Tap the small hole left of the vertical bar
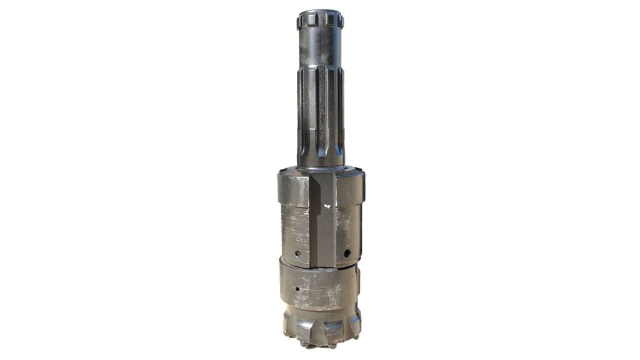pos(297,253)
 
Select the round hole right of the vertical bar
pos(347,253)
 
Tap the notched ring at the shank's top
pos(320,20)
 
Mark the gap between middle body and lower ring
pos(319,266)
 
